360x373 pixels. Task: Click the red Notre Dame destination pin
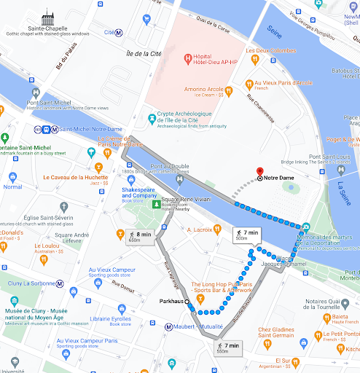pyautogui.click(x=259, y=172)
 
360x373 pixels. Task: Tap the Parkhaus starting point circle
pyautogui.click(x=187, y=301)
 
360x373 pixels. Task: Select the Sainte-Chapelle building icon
pyautogui.click(x=48, y=16)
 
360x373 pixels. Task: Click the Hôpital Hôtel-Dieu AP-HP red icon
pyautogui.click(x=187, y=58)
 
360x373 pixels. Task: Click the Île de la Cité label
pyautogui.click(x=144, y=53)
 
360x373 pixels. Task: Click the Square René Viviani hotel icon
pyautogui.click(x=155, y=203)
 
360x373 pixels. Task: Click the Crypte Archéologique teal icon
pyautogui.click(x=152, y=117)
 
